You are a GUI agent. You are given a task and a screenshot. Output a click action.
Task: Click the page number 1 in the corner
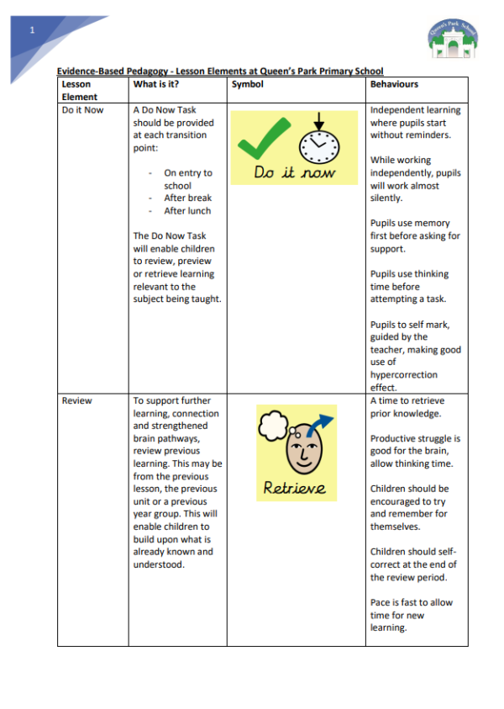(x=32, y=30)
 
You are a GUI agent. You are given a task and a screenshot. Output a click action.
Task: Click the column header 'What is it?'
(x=155, y=84)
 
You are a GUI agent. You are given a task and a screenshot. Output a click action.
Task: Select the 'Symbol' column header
(x=247, y=84)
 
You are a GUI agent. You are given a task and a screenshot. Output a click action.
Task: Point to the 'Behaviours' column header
(x=394, y=84)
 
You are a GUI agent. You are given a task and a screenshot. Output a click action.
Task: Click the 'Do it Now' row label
(x=82, y=110)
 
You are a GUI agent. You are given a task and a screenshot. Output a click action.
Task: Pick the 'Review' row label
(x=76, y=400)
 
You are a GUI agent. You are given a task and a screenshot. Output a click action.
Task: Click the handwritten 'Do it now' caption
(x=294, y=173)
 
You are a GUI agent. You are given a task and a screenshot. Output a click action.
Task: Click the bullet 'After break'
(x=187, y=198)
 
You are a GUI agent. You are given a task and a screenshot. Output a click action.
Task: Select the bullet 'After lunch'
(x=187, y=211)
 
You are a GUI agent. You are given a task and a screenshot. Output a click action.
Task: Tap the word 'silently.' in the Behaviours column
(x=388, y=198)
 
